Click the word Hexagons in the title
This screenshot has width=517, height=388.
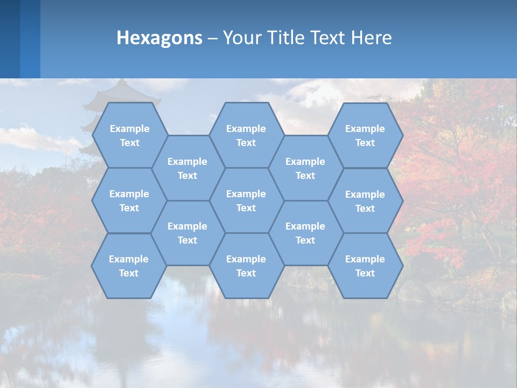pyautogui.click(x=159, y=38)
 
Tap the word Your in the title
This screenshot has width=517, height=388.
pyautogui.click(x=237, y=38)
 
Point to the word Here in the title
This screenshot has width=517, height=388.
pyautogui.click(x=371, y=38)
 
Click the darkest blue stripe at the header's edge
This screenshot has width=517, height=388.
pyautogui.click(x=10, y=39)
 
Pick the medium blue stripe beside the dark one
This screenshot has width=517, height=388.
pyautogui.click(x=30, y=39)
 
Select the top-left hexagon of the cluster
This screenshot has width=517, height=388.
pyautogui.click(x=129, y=135)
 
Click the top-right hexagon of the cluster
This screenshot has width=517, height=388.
pyautogui.click(x=365, y=135)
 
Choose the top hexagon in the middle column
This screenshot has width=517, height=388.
pyautogui.click(x=246, y=135)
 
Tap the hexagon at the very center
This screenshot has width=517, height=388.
pyautogui.click(x=246, y=200)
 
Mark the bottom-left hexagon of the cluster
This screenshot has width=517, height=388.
pyautogui.click(x=129, y=266)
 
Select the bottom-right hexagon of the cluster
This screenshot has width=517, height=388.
pyautogui.click(x=365, y=266)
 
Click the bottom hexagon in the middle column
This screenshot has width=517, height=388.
pyautogui.click(x=246, y=266)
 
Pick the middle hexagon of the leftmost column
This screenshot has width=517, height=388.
pyautogui.click(x=129, y=200)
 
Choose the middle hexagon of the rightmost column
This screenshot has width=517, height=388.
pyautogui.click(x=365, y=201)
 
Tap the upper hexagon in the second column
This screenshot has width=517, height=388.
pyautogui.click(x=187, y=168)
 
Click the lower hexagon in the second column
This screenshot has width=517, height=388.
pyautogui.click(x=187, y=233)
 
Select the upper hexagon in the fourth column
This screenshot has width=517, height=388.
pyautogui.click(x=305, y=168)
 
